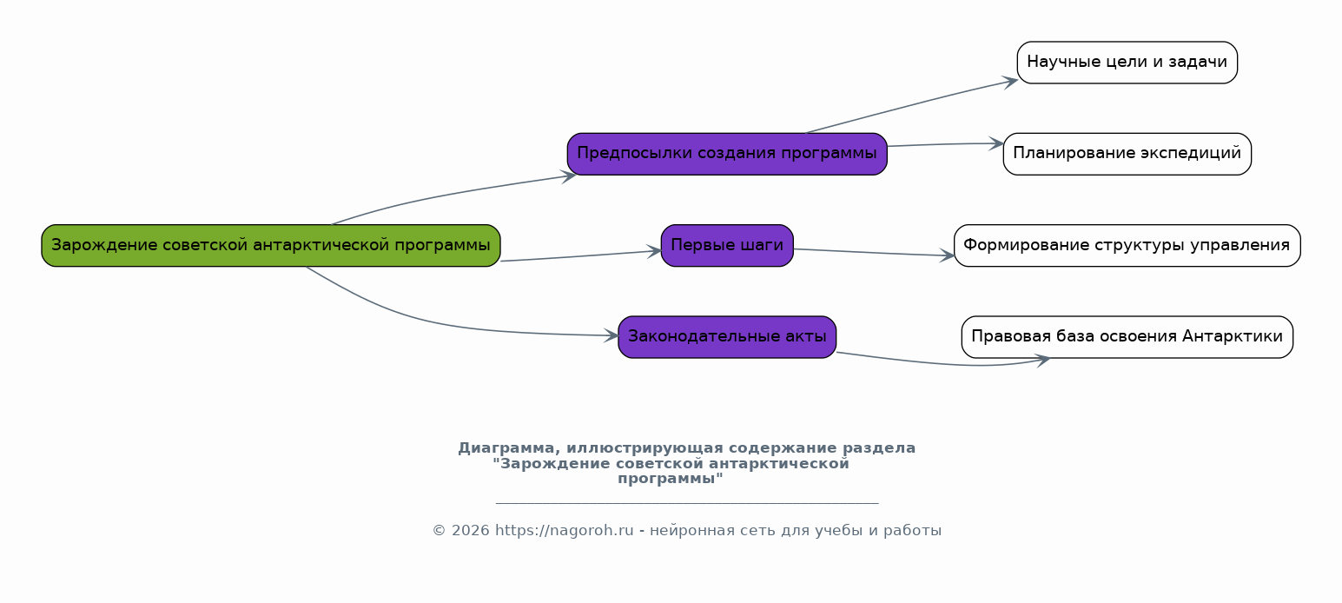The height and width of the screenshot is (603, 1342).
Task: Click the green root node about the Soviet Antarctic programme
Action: coord(271,246)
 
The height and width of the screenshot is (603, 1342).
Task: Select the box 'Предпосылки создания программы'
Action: coord(727,154)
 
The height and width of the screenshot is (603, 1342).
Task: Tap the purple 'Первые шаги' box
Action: coord(727,246)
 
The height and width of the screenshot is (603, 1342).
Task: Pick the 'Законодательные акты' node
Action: coord(727,337)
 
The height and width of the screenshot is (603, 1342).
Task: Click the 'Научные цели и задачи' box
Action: coord(1127,63)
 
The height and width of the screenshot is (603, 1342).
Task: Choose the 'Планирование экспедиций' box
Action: coord(1127,154)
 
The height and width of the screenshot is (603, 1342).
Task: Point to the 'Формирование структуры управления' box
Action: coord(1127,246)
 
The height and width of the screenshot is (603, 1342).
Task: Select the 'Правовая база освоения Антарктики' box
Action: coord(1127,337)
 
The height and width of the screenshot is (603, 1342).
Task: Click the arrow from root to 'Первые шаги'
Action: coord(581,256)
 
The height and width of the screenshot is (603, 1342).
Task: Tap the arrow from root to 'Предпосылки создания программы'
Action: coord(449,194)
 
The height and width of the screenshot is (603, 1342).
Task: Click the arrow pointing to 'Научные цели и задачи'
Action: coord(910,105)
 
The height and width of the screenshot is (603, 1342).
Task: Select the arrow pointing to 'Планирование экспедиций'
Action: coord(945,144)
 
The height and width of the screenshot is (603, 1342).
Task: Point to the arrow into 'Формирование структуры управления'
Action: coord(874,253)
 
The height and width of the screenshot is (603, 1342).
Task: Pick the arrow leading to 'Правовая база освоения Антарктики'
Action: coord(943,362)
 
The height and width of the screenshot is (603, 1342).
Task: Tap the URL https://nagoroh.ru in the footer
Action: coord(564,531)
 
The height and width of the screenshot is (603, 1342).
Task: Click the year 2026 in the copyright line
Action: coord(470,531)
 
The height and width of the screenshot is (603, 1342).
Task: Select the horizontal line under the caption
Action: coord(687,503)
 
